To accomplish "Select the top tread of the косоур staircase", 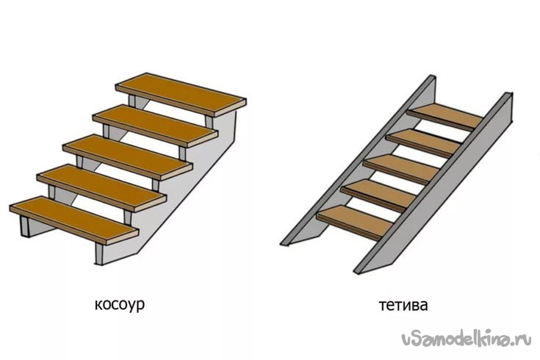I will (181, 91).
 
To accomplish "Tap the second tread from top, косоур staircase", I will (155, 121).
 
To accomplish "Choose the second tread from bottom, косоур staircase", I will (101, 184).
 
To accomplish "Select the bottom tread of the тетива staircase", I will (354, 220).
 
